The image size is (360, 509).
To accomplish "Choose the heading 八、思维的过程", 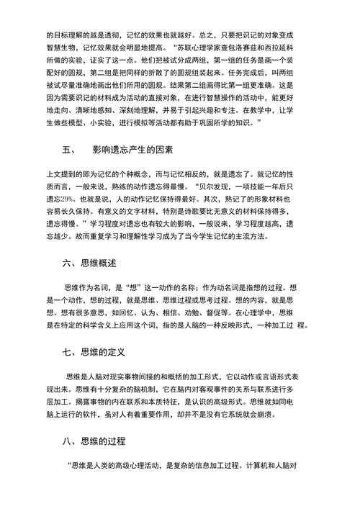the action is pyautogui.click(x=94, y=441).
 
